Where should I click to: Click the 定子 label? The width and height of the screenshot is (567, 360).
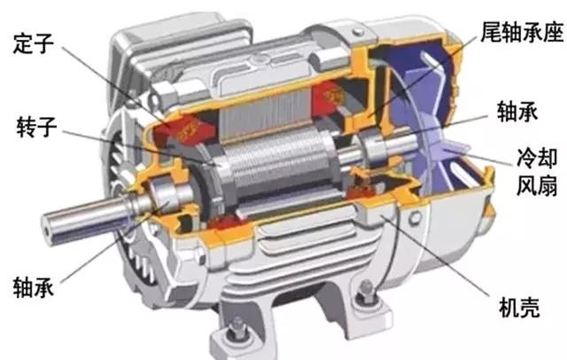pyautogui.click(x=34, y=43)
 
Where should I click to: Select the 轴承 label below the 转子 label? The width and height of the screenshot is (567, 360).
pyautogui.click(x=34, y=287)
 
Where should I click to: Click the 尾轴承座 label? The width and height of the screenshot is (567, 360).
pyautogui.click(x=522, y=31)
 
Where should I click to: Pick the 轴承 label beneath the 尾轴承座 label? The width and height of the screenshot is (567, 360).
pyautogui.click(x=517, y=111)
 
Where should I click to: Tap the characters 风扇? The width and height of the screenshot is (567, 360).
pyautogui.click(x=537, y=185)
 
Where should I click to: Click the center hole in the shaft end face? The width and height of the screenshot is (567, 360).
pyautogui.click(x=48, y=229)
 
